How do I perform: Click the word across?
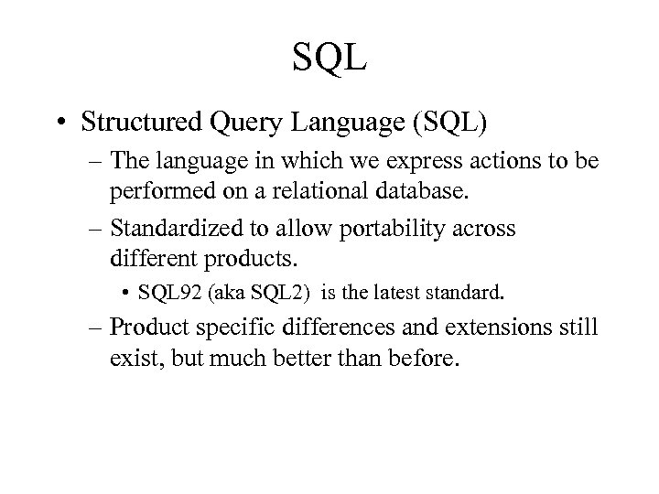click(x=485, y=230)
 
